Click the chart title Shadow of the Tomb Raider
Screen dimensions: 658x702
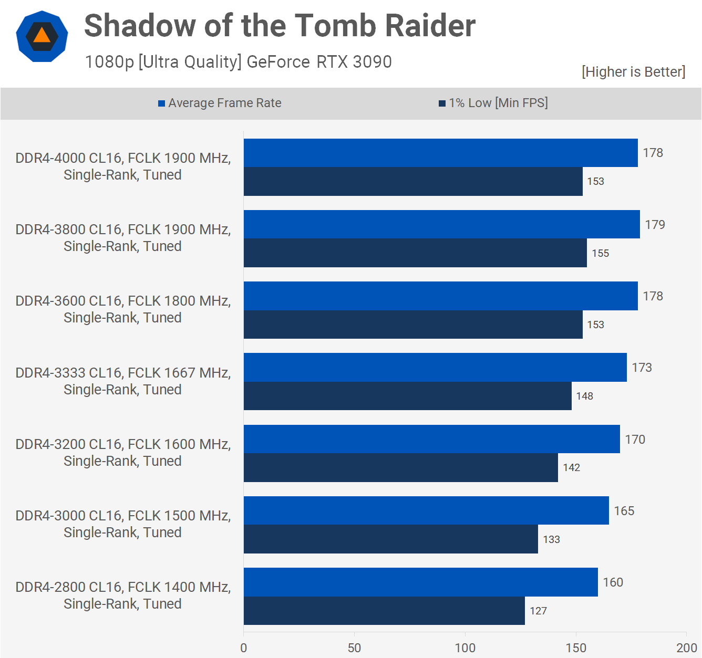tap(280, 25)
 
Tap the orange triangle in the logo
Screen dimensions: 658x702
tap(42, 36)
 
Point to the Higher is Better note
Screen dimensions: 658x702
tap(633, 72)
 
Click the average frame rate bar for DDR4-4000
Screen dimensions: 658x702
tap(440, 153)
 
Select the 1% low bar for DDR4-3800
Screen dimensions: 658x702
tap(415, 253)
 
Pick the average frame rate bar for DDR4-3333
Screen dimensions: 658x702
tap(435, 368)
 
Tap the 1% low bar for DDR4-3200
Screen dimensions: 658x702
tap(400, 467)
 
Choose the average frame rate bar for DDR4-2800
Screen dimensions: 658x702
tap(420, 582)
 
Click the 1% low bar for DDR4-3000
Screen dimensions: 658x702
tap(390, 539)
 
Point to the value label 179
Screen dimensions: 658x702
tap(655, 225)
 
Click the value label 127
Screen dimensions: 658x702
tap(538, 611)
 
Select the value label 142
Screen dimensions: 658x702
tap(571, 467)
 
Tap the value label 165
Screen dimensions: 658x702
tap(624, 511)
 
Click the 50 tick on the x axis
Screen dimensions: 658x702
tap(354, 647)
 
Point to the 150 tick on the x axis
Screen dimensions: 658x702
tap(576, 647)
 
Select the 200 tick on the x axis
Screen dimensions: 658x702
tap(686, 647)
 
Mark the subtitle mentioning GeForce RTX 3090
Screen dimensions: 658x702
tap(238, 62)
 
